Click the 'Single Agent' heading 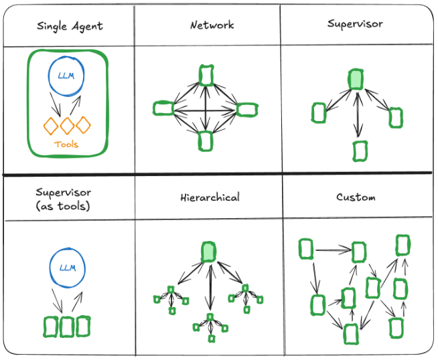click(70, 27)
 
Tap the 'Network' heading click(212, 25)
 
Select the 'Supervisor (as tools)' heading click(63, 199)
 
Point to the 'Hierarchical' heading click(210, 197)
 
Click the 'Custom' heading click(356, 197)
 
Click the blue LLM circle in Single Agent click(66, 57)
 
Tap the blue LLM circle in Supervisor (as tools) click(68, 248)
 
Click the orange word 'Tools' click(66, 145)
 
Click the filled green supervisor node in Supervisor click(356, 80)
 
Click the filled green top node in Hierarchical click(208, 252)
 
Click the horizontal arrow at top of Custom click(334, 250)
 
